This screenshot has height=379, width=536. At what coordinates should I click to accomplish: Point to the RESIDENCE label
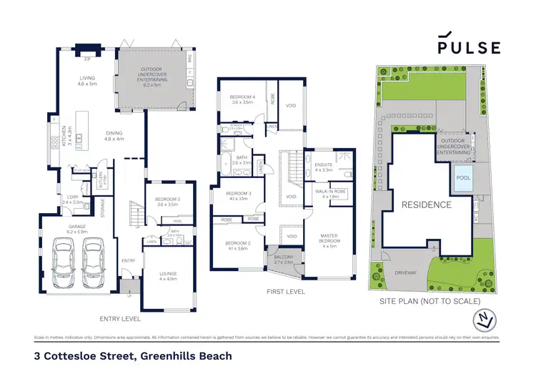(x=426, y=205)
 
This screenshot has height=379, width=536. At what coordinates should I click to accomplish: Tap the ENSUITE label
(x=324, y=167)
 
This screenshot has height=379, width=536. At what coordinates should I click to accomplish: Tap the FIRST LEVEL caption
(x=285, y=292)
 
